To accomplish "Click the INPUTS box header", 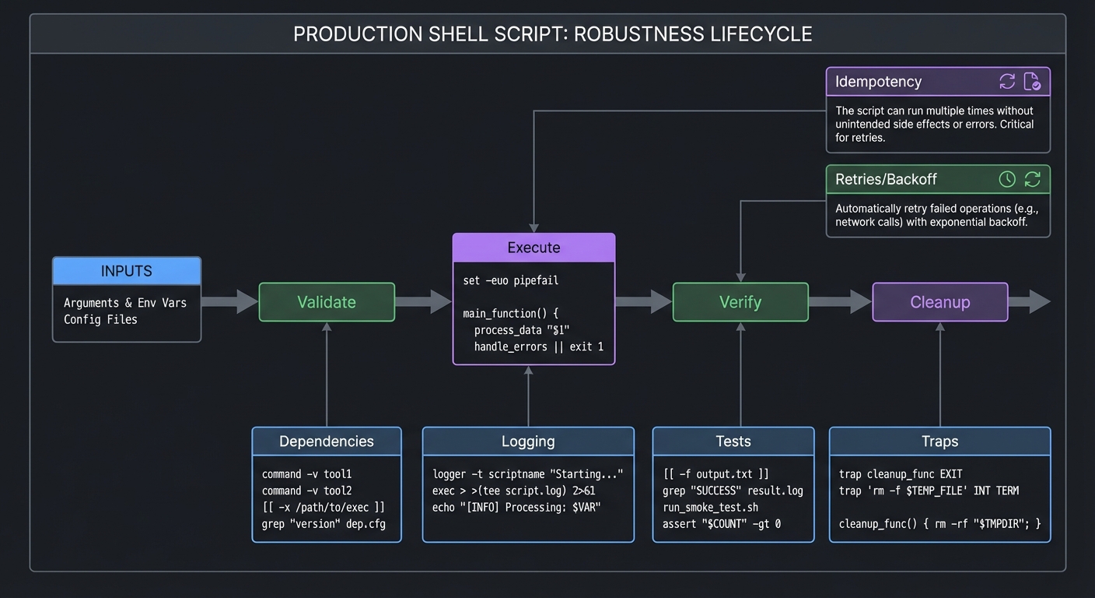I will [x=127, y=271].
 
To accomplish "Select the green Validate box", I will [x=327, y=302].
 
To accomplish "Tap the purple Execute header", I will [x=534, y=248].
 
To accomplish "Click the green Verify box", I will [x=740, y=302].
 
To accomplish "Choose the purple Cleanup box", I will [x=939, y=302].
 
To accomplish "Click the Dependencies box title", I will [x=327, y=441].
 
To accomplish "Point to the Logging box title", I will [x=528, y=441].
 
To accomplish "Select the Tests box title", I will [x=733, y=441].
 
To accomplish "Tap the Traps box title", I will [x=939, y=441].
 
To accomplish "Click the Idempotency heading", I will [x=878, y=82].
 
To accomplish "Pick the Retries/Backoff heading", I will [x=886, y=179].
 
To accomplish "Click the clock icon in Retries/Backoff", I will [x=1007, y=179].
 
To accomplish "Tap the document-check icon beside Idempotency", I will [x=1032, y=82].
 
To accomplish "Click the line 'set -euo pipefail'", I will [x=510, y=280].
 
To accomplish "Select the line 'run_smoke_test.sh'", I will [x=710, y=507].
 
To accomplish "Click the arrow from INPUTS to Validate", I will [x=229, y=301].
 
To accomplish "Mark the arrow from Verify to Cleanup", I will [x=840, y=301].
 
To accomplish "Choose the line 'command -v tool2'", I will [x=306, y=491].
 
